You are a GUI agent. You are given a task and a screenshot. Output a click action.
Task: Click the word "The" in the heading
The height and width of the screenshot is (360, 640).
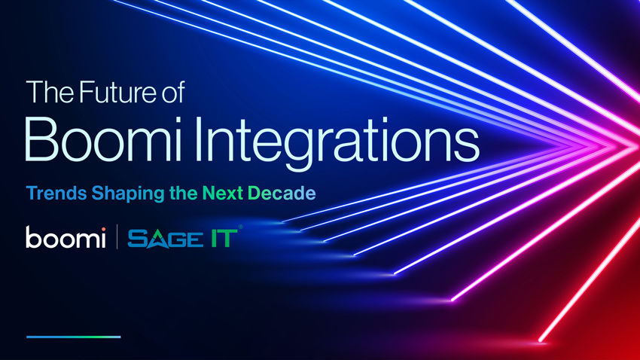(43, 93)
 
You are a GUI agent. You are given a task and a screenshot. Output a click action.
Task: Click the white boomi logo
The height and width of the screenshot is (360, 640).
(66, 238)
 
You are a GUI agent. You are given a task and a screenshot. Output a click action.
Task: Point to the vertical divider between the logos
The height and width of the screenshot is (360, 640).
(117, 238)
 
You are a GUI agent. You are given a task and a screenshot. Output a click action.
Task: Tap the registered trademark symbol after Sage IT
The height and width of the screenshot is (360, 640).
(240, 228)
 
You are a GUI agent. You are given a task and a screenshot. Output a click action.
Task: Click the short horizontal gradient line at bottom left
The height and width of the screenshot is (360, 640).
(73, 337)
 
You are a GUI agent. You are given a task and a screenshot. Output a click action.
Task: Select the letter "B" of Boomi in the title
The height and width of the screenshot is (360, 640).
(42, 140)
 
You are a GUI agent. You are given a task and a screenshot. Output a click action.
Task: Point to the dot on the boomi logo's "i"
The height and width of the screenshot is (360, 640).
(102, 228)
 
